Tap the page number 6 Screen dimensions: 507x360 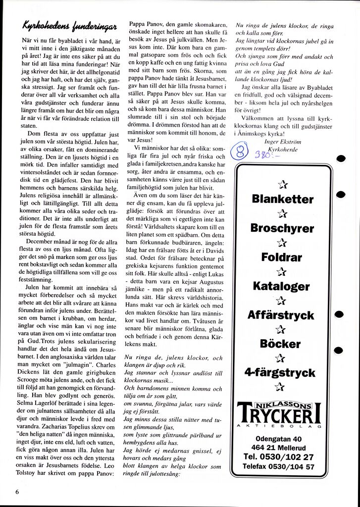tap(17, 492)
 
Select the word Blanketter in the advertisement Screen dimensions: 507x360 tap(282, 200)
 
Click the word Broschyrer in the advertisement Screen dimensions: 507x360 tap(282, 229)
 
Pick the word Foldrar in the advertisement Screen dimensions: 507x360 tap(282, 257)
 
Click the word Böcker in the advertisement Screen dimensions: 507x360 tap(282, 344)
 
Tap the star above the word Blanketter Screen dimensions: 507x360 tap(283, 186)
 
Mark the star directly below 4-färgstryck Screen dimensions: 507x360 tap(282, 386)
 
